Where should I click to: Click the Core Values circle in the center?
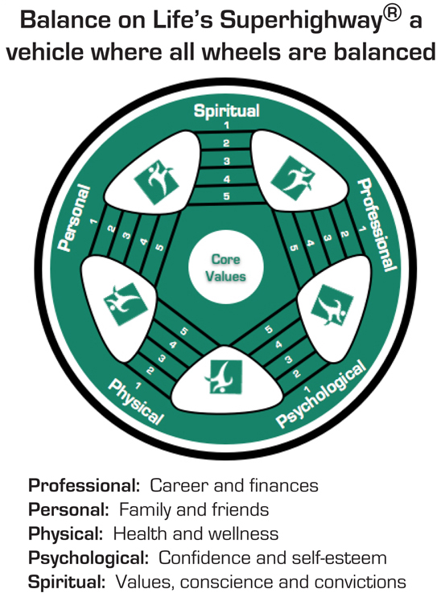tap(226, 266)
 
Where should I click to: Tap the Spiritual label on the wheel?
tap(226, 111)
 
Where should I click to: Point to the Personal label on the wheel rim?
tap(74, 218)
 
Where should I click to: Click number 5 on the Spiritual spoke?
tap(226, 196)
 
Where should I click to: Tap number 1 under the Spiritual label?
tap(226, 125)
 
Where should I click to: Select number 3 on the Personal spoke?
tap(126, 236)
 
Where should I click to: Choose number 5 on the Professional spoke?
tap(294, 248)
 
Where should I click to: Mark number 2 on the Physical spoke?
tap(150, 370)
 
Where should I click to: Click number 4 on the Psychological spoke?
tap(279, 345)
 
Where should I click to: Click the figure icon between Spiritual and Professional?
tap(293, 178)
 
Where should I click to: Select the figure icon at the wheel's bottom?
tap(226, 377)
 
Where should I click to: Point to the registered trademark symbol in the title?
tap(393, 14)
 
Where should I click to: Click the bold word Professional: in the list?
tap(84, 486)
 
